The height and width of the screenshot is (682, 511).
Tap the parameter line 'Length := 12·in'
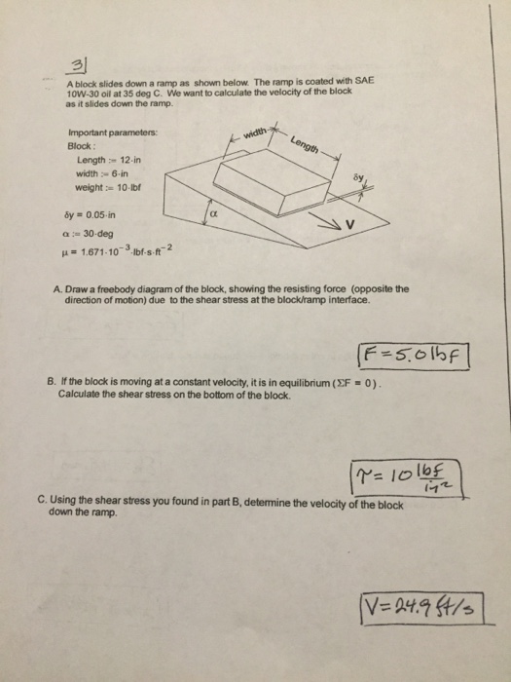[108, 159]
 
